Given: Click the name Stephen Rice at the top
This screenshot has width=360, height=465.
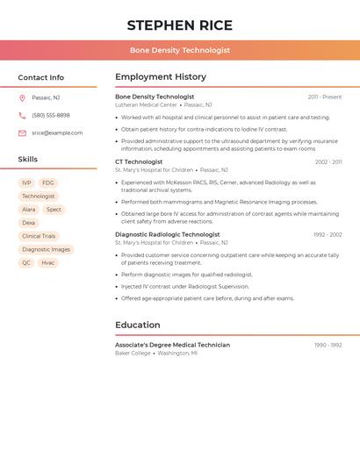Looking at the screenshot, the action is tap(179, 25).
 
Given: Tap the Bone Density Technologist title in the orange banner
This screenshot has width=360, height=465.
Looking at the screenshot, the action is tap(179, 50).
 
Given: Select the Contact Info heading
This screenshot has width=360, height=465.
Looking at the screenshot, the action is tap(40, 77).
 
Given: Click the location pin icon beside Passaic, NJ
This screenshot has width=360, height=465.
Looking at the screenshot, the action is tap(22, 97).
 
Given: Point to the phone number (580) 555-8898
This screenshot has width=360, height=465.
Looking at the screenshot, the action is tap(51, 115).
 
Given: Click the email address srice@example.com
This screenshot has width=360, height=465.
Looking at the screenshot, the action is tap(57, 132).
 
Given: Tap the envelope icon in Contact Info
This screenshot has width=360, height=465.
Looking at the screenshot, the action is tap(22, 133).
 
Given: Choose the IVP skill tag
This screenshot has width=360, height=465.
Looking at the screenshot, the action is tap(27, 183).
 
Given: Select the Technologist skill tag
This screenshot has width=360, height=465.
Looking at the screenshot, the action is tap(39, 197).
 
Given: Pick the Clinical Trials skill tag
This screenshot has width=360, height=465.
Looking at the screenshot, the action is tap(39, 236).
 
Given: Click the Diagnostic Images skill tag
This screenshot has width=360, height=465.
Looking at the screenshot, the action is tap(46, 249).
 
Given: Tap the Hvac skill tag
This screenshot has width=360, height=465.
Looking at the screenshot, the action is tap(47, 262).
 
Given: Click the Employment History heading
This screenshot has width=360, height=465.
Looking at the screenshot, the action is tap(161, 77).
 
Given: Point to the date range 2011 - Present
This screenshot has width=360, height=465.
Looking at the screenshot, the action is tap(325, 97).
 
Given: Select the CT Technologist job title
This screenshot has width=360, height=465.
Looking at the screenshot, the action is tap(139, 161).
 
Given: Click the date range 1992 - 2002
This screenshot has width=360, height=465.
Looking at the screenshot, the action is tap(328, 234).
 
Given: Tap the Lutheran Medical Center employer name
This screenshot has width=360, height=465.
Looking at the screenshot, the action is tap(146, 104).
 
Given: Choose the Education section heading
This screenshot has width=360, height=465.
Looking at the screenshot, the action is tap(138, 325).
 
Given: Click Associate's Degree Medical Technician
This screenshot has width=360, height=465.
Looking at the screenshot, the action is tap(172, 345).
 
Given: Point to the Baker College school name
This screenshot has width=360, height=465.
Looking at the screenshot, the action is tap(133, 353).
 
